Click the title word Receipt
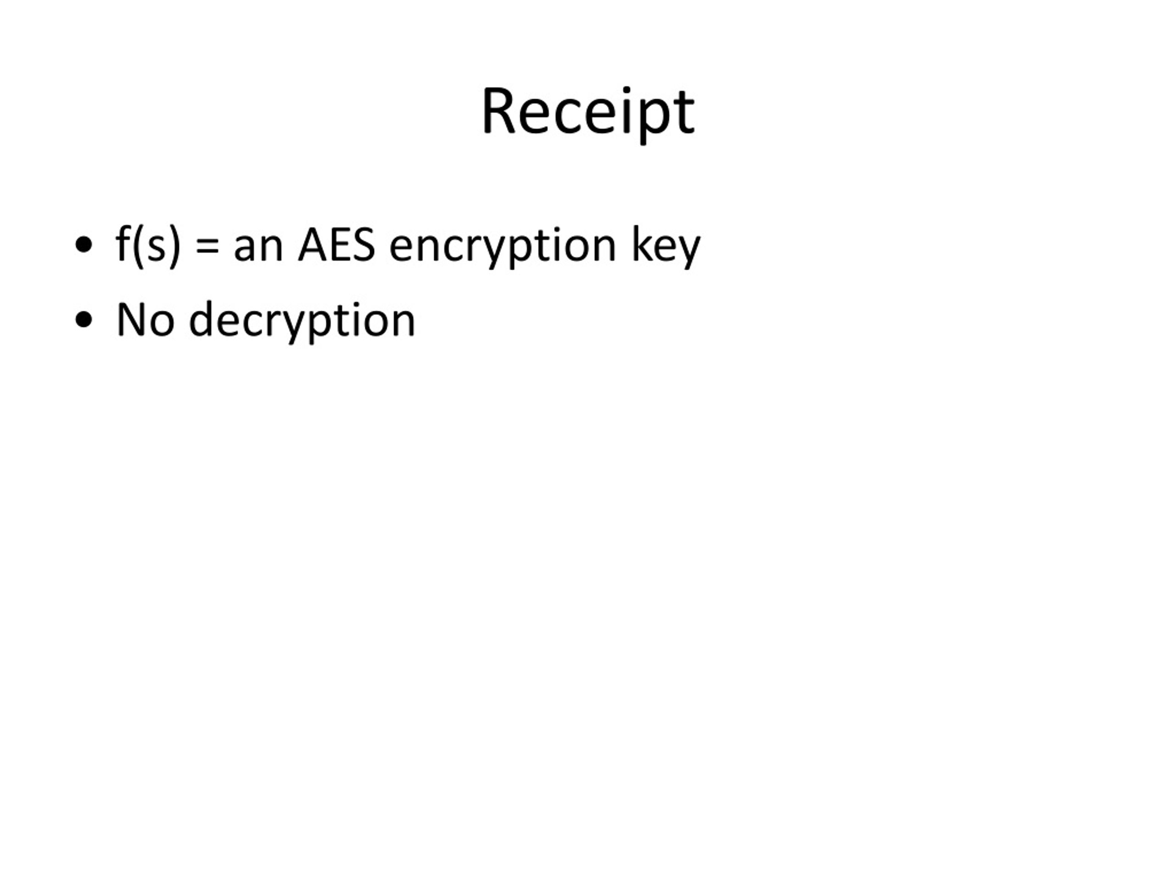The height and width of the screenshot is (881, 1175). tap(587, 112)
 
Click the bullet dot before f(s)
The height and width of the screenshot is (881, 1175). tap(84, 245)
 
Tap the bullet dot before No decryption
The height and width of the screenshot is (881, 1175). tap(84, 320)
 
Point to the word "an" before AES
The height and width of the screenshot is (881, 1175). tap(258, 247)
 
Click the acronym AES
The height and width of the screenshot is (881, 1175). tap(337, 244)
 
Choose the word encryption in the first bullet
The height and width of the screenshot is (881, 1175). tap(503, 247)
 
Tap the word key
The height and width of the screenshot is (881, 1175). tap(666, 247)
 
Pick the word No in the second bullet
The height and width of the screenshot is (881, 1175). tap(145, 320)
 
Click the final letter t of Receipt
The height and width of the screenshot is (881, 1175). tap(683, 114)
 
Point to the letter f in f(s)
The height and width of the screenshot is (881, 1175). tap(123, 243)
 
